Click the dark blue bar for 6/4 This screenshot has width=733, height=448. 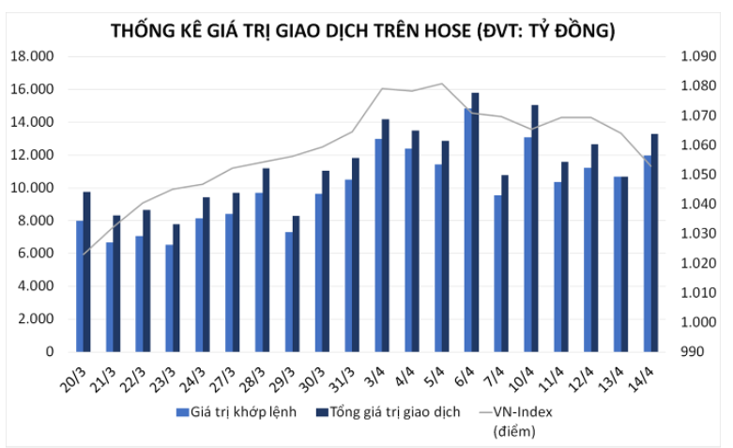tap(475, 223)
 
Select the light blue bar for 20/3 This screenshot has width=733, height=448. tap(80, 286)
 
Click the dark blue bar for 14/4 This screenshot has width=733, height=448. tap(654, 243)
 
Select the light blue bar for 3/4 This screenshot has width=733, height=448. tap(378, 246)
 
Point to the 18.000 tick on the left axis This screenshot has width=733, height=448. tap(31, 56)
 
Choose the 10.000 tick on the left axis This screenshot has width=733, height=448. tap(31, 188)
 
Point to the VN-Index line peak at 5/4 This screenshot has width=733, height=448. tap(442, 84)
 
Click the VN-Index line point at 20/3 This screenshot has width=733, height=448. tap(84, 254)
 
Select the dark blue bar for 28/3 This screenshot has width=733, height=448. tap(267, 260)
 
